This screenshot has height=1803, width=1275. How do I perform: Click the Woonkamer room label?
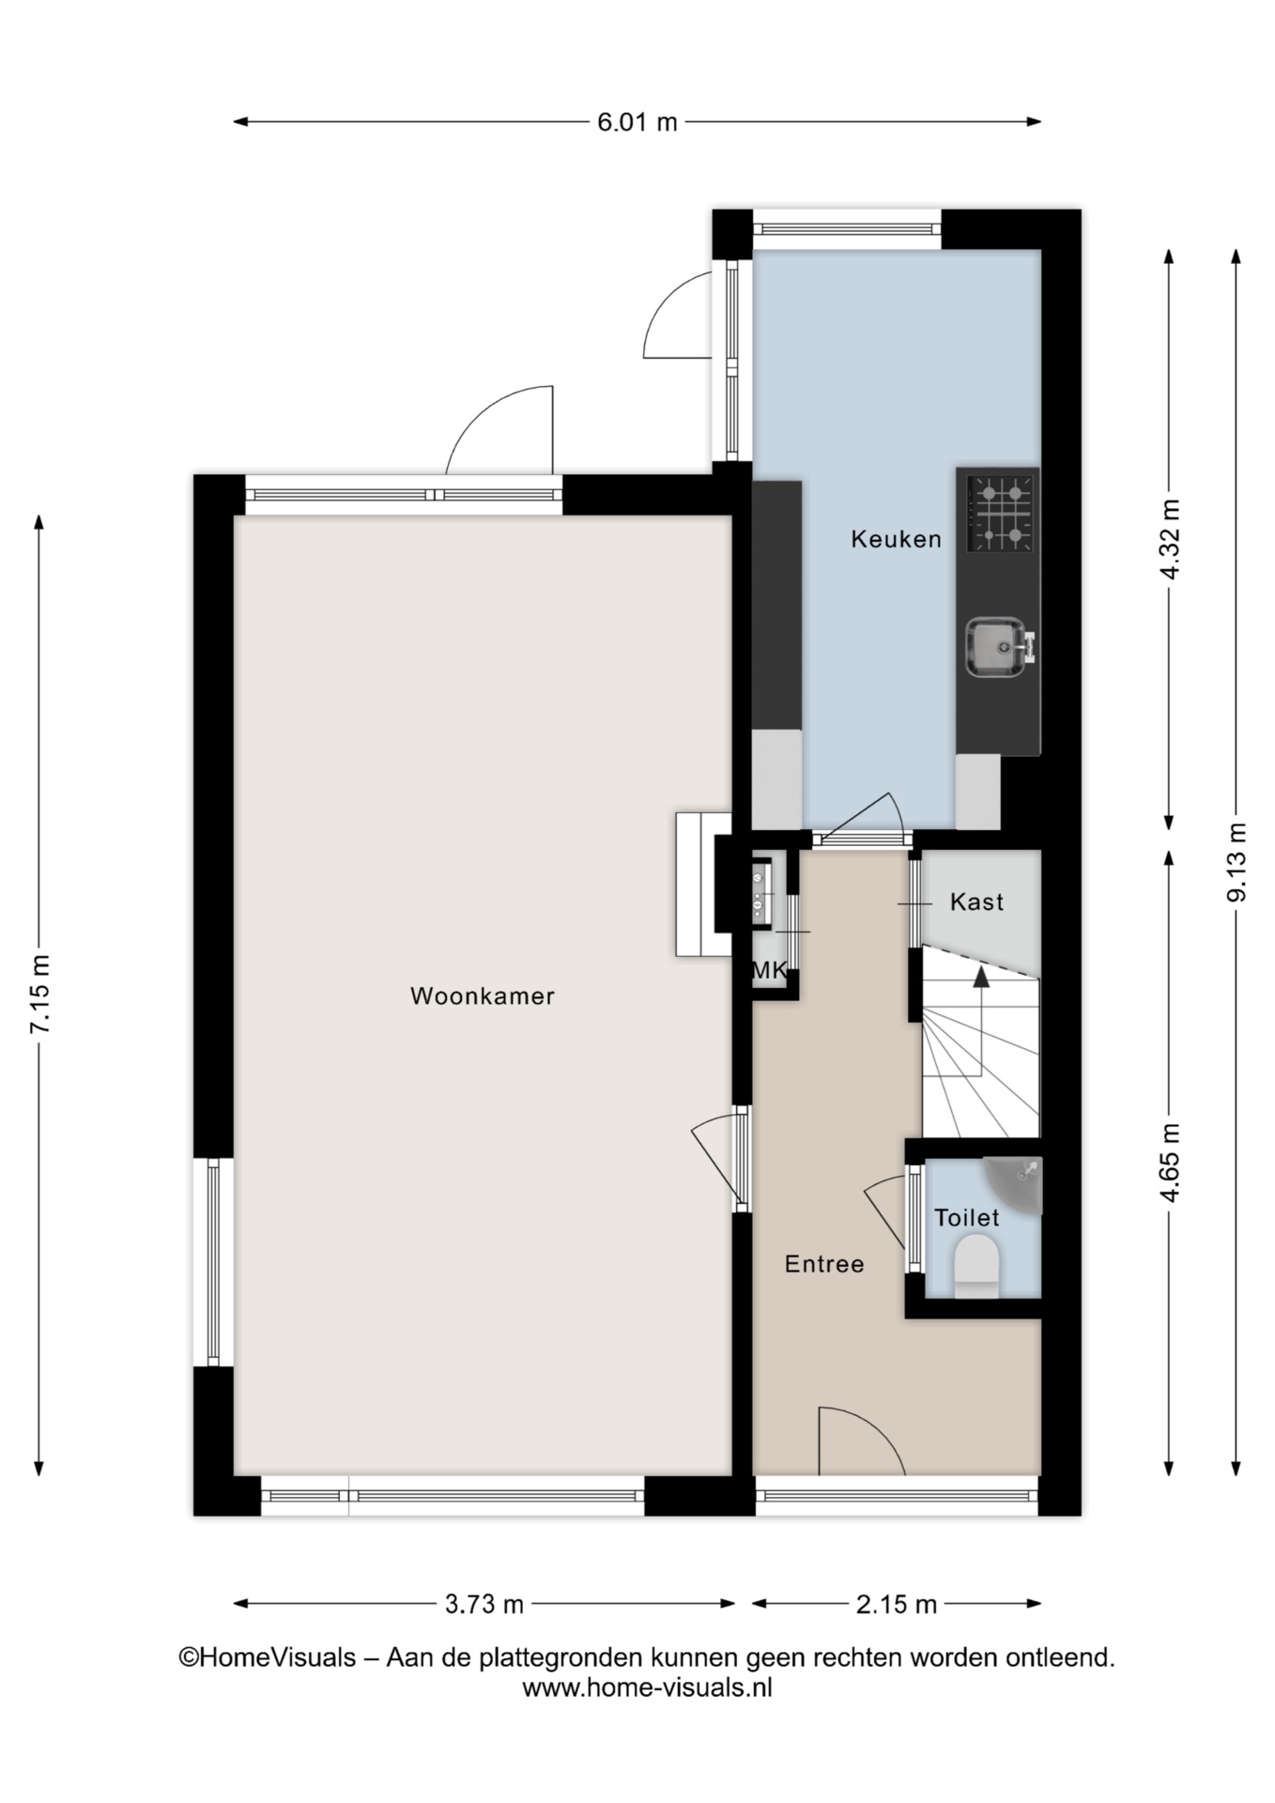483,996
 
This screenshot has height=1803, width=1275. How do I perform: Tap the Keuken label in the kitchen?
896,539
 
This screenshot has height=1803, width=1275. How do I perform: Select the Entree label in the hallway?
824,1264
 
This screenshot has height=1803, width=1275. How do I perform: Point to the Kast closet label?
976,902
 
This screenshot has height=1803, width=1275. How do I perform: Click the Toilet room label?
967,1218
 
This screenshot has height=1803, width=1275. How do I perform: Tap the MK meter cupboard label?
770,971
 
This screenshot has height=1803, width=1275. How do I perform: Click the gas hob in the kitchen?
1002,513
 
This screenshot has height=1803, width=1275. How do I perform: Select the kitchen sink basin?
997,646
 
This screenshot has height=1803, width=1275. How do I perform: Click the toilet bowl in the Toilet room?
975,1267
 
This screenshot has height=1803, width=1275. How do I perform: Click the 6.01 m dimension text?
637,122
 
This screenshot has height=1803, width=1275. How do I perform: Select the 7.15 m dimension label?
39,995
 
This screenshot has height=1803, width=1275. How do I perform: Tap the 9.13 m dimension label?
1237,862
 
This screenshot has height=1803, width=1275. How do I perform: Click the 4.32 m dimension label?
1170,540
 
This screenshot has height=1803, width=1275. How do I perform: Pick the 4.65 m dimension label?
1170,1163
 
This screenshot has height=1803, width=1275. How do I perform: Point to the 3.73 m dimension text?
484,1604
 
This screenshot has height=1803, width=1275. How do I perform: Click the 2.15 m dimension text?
897,1604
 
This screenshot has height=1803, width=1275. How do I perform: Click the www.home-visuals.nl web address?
647,1687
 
